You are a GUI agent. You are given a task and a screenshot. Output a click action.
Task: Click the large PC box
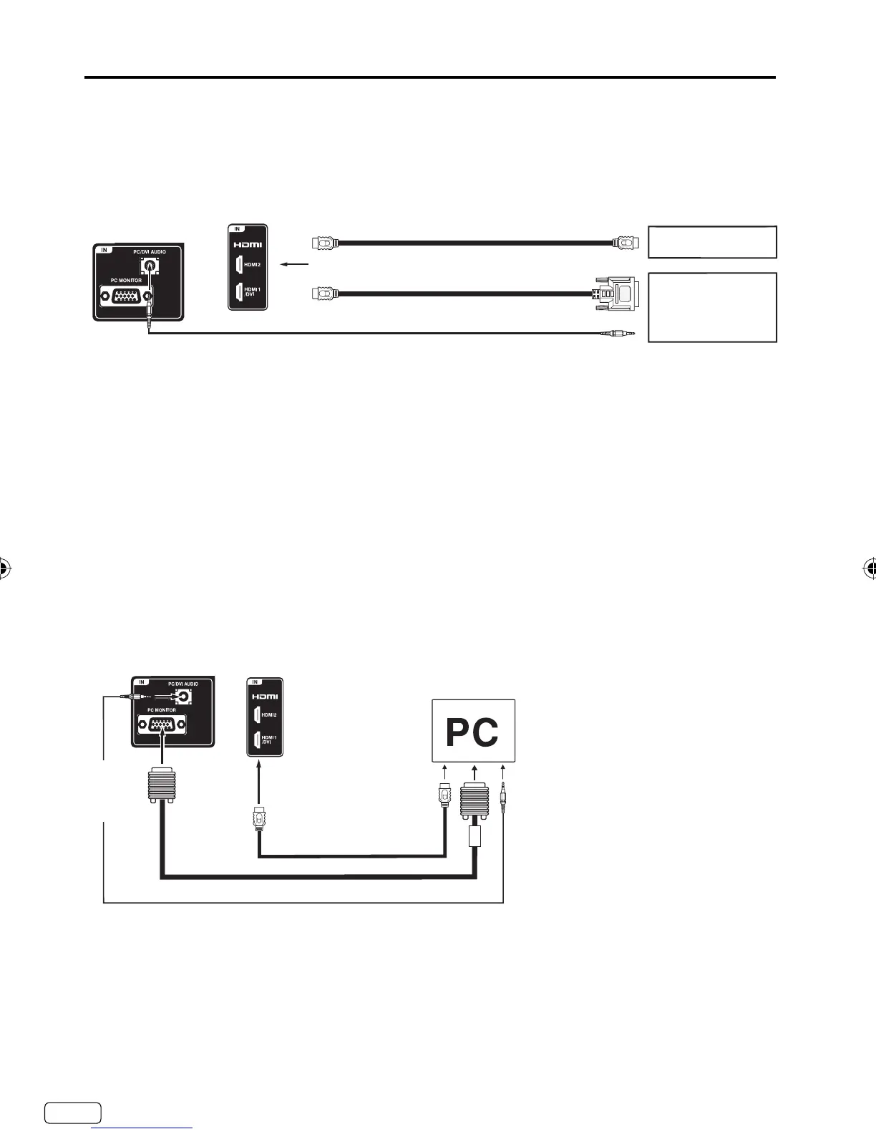(x=473, y=731)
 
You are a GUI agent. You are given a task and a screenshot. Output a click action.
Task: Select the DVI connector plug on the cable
(x=615, y=293)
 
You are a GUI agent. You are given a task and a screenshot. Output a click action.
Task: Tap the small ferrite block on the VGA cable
(x=474, y=835)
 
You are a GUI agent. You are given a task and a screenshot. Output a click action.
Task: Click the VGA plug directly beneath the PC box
(x=474, y=800)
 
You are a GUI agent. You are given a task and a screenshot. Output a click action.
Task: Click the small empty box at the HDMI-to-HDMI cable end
(x=712, y=242)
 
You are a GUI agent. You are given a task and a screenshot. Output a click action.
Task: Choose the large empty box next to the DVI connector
(x=712, y=307)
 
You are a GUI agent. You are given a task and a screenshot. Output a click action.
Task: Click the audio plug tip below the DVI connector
(x=620, y=333)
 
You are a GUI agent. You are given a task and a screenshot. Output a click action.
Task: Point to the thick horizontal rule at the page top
(x=429, y=77)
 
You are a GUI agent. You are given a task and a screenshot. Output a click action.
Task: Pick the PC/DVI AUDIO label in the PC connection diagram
(x=182, y=684)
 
